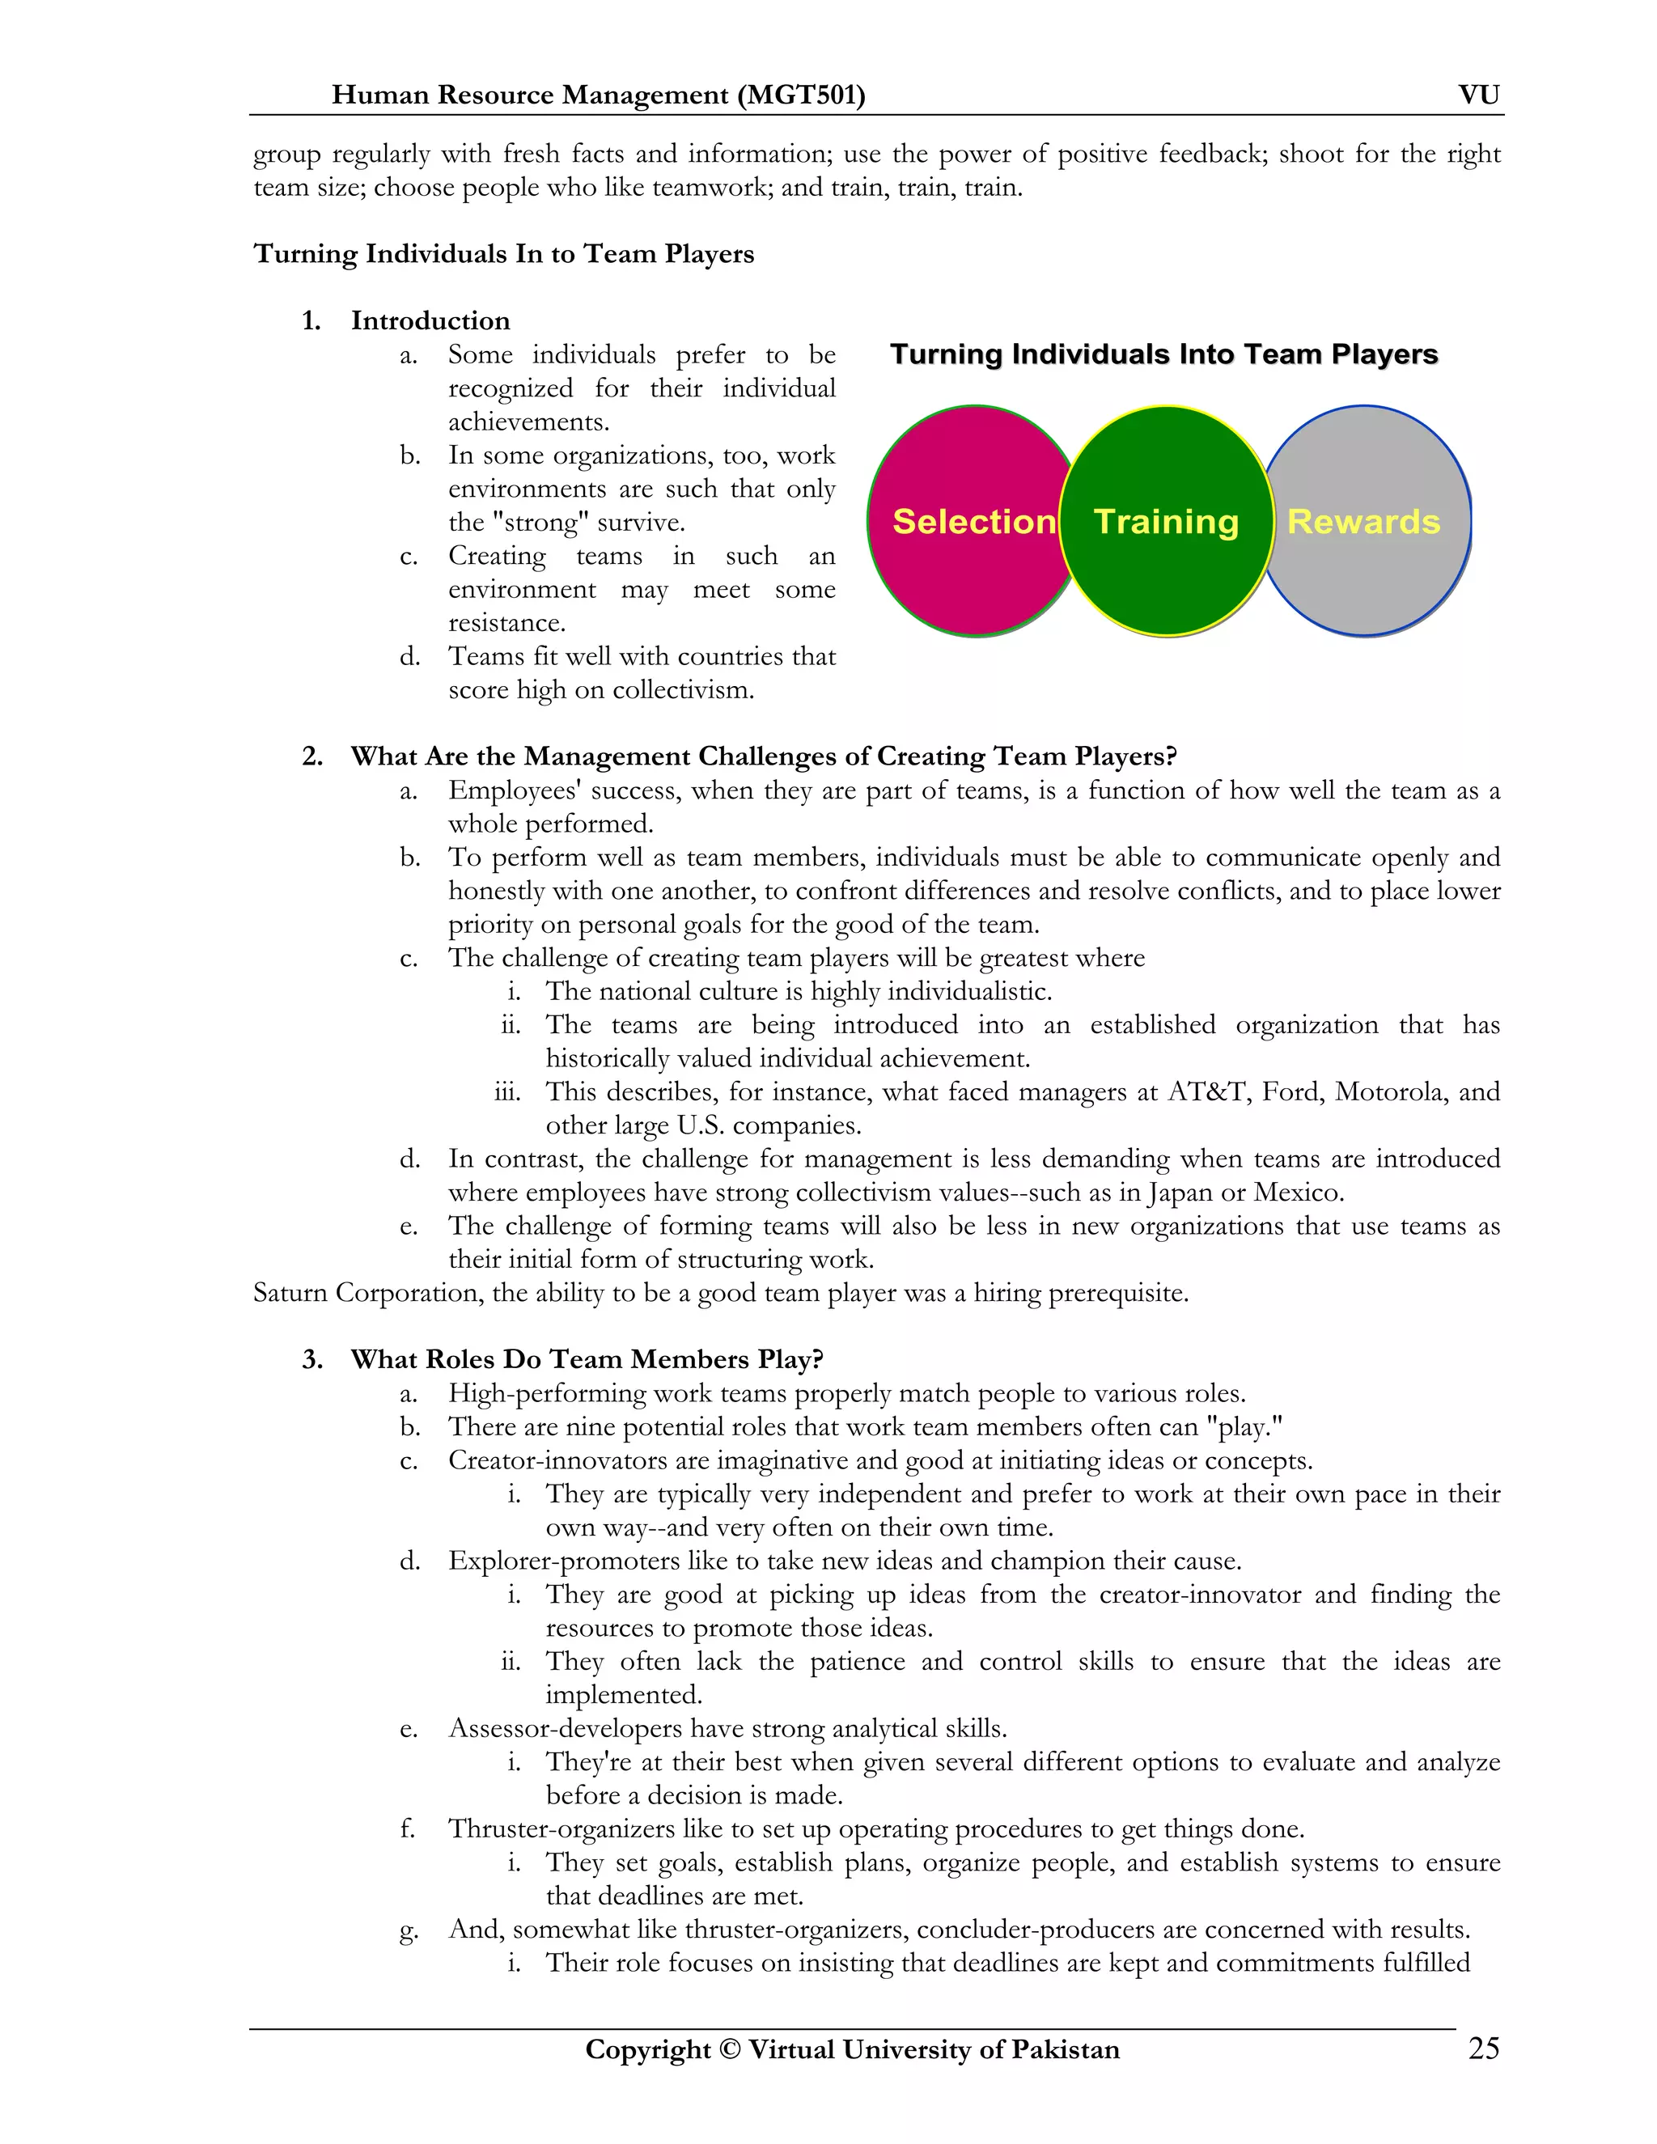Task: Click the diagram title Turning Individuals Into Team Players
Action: point(1163,354)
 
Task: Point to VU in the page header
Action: point(1478,95)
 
